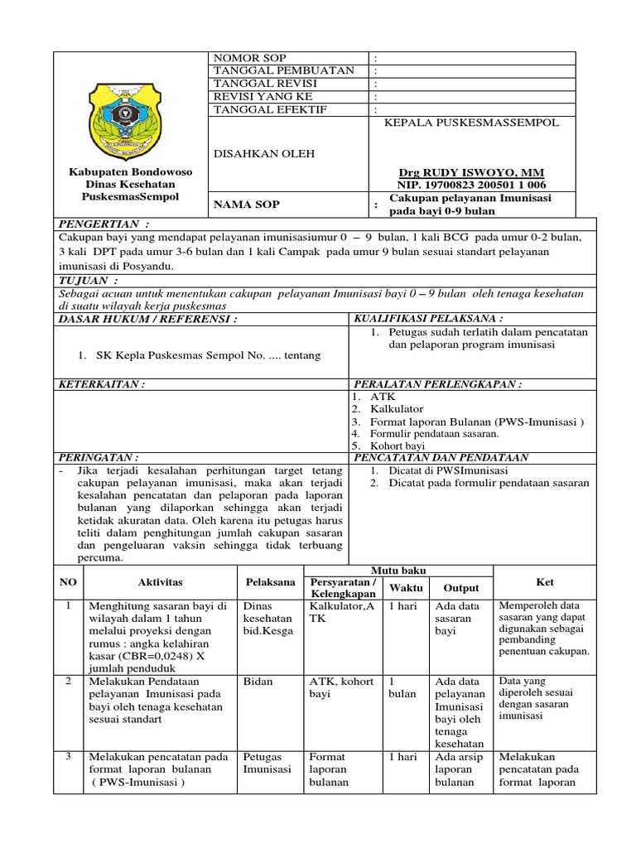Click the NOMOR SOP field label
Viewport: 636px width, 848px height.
coord(250,58)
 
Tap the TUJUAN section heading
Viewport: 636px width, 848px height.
coord(83,282)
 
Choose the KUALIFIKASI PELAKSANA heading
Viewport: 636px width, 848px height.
coord(429,318)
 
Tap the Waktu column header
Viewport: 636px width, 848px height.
coord(407,588)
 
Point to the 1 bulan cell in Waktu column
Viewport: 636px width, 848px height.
coord(403,687)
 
